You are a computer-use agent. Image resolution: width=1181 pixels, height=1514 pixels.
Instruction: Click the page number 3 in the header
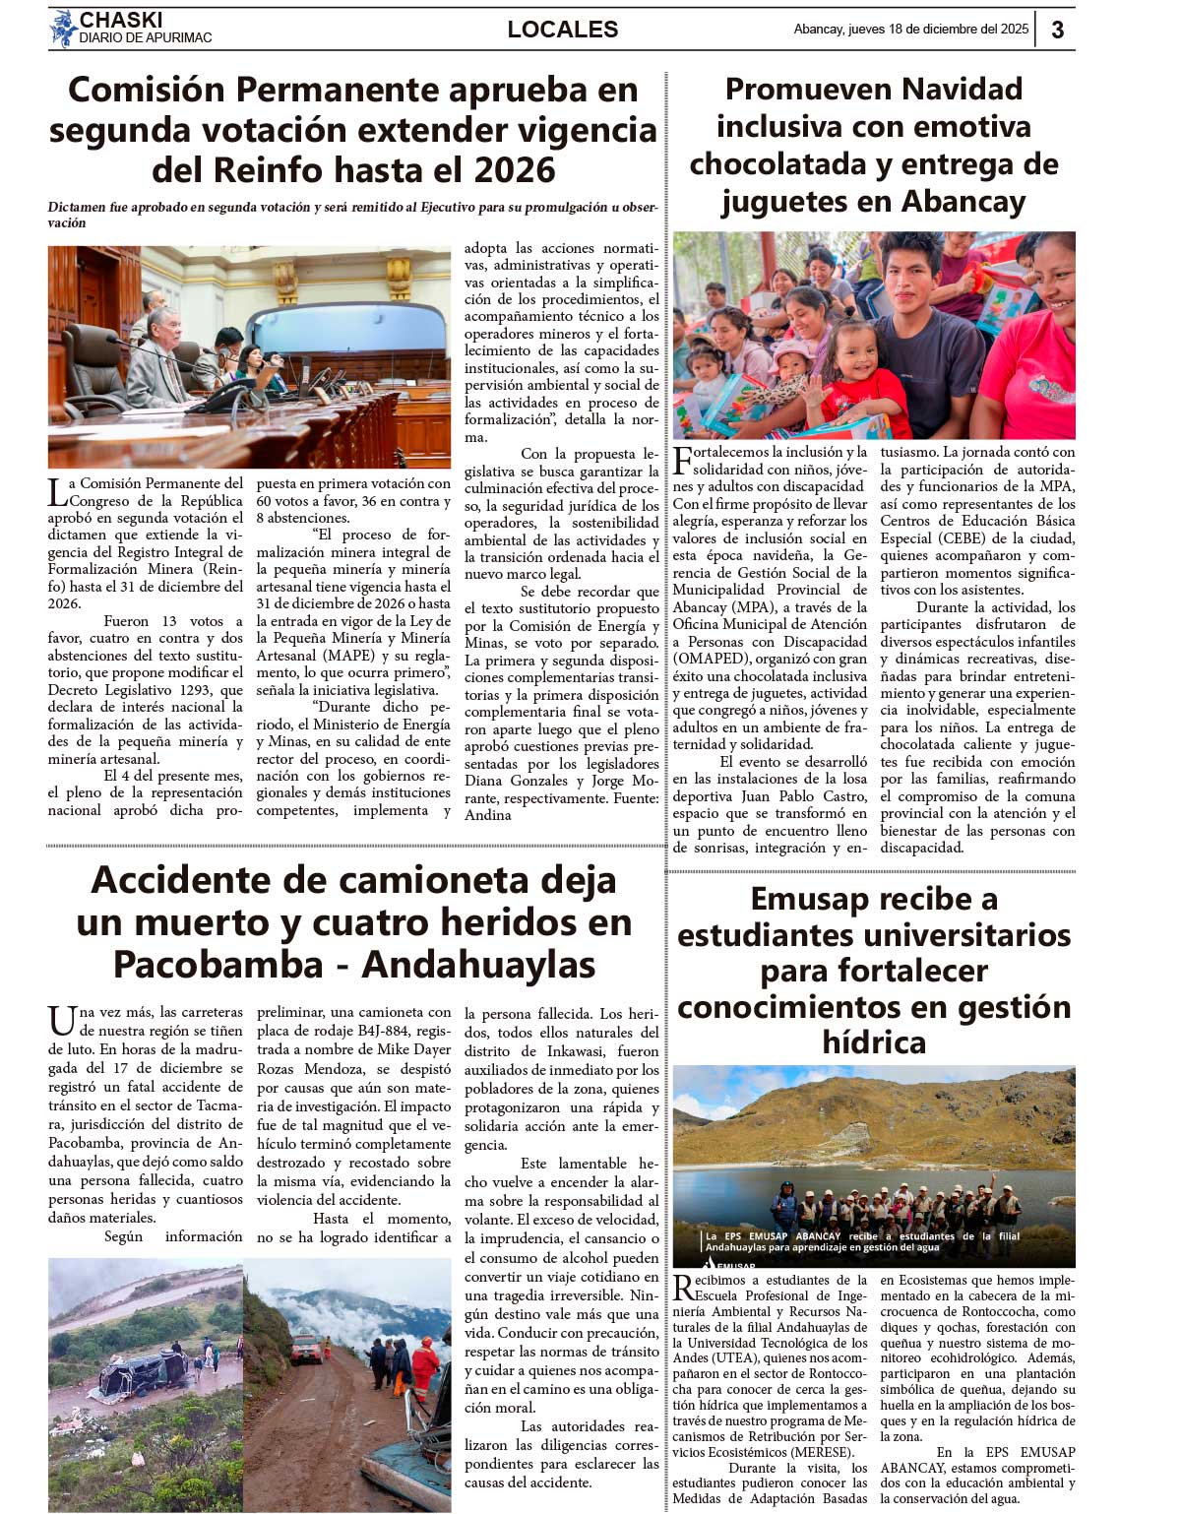pyautogui.click(x=1057, y=30)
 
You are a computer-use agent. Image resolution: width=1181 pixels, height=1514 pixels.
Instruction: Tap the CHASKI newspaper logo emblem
pyautogui.click(x=63, y=29)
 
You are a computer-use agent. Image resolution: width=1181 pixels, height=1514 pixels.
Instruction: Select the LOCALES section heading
pyautogui.click(x=563, y=30)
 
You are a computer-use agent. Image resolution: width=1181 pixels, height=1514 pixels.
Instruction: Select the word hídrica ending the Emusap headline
pyautogui.click(x=874, y=1042)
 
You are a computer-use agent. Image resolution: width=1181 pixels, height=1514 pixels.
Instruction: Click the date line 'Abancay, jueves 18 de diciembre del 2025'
pyautogui.click(x=910, y=30)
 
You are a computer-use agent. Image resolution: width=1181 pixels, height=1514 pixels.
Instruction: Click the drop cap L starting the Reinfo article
pyautogui.click(x=57, y=491)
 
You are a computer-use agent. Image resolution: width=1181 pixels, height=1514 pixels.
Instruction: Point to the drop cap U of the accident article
pyautogui.click(x=62, y=1021)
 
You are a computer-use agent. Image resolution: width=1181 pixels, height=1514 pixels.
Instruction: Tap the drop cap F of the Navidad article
pyautogui.click(x=683, y=460)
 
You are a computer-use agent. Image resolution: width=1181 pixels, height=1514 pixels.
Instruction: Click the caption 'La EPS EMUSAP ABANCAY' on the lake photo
pyautogui.click(x=773, y=1236)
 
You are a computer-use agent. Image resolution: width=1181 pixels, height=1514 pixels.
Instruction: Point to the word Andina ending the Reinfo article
pyautogui.click(x=488, y=815)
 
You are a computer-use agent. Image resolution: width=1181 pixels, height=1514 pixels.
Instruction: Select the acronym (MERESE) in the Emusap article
pyautogui.click(x=821, y=1452)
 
